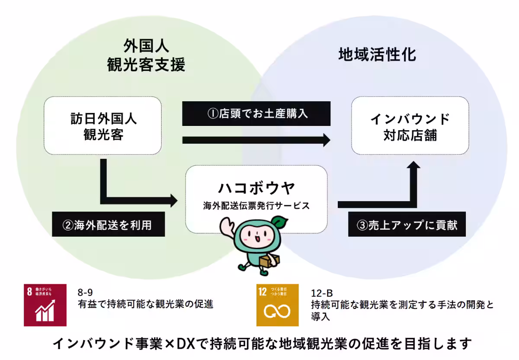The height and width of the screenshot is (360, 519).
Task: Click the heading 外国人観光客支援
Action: (146, 55)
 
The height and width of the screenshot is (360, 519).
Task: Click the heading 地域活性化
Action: (377, 55)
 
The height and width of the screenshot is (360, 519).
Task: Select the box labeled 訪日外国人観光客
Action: (103, 126)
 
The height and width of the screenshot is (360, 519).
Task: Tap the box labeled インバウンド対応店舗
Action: (410, 126)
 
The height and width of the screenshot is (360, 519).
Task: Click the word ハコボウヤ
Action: (256, 189)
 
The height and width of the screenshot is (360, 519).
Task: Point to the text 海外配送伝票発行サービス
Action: (256, 206)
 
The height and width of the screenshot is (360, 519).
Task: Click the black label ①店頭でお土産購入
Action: (256, 114)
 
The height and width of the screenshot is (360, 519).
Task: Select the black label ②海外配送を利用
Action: (108, 224)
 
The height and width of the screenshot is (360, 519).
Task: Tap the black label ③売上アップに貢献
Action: (407, 224)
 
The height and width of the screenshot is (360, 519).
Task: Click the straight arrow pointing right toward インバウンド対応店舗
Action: (256, 140)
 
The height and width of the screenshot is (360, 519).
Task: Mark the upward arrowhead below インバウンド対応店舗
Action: (413, 168)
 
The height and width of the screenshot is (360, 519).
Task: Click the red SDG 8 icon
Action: (45, 305)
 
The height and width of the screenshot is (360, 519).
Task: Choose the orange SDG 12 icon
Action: (277, 305)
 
